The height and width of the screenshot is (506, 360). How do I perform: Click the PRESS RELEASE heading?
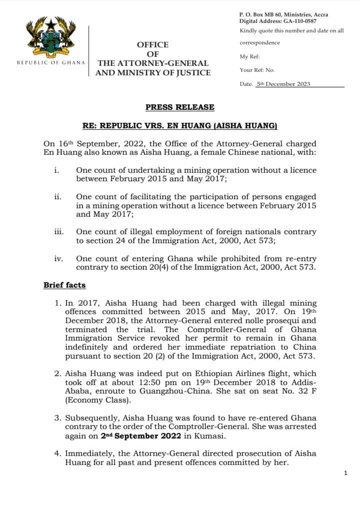click(179, 107)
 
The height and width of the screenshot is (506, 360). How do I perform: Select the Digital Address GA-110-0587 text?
click(283, 21)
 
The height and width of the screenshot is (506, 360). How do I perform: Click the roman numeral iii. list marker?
click(58, 232)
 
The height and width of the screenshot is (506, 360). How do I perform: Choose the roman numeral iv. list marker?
click(58, 259)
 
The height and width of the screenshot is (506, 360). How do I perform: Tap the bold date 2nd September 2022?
click(137, 436)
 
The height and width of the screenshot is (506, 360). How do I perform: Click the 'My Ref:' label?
click(250, 56)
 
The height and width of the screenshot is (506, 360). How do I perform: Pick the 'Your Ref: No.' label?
click(257, 70)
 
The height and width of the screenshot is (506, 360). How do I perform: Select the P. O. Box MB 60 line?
click(283, 15)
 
